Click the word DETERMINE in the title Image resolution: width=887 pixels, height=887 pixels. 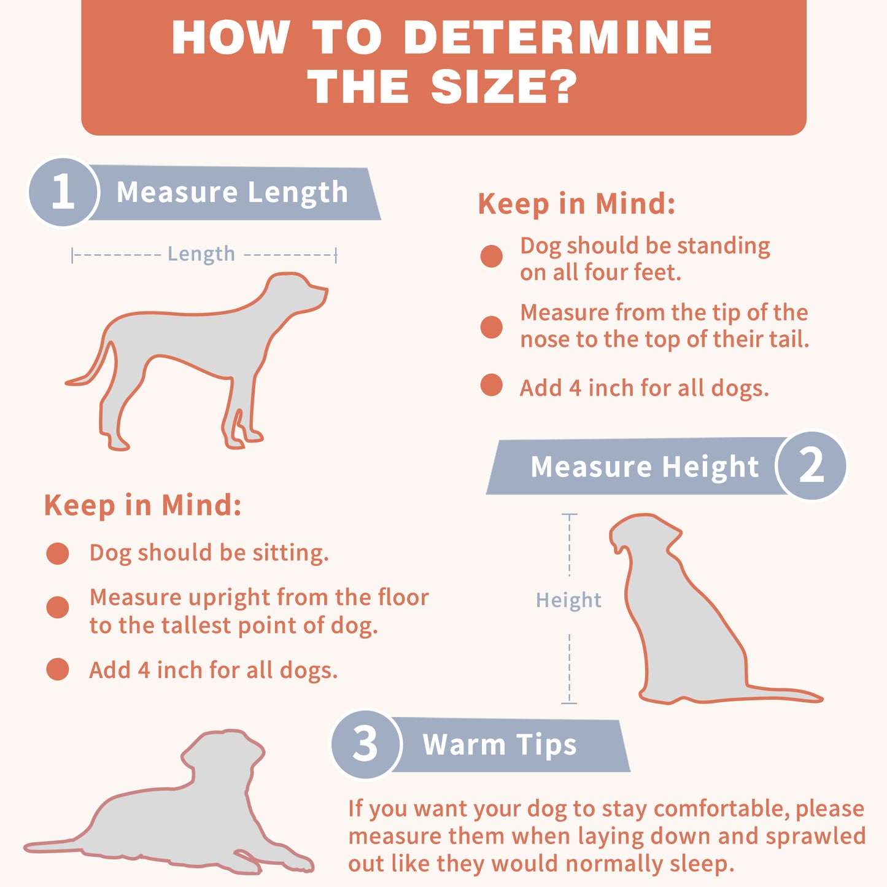pyautogui.click(x=559, y=37)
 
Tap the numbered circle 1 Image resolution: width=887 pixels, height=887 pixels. pyautogui.click(x=63, y=192)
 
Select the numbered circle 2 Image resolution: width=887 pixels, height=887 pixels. pyautogui.click(x=811, y=465)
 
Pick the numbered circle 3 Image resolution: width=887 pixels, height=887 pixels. pyautogui.click(x=366, y=745)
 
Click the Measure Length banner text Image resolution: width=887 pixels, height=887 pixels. pyautogui.click(x=232, y=192)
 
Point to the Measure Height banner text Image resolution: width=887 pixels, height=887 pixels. pyautogui.click(x=645, y=467)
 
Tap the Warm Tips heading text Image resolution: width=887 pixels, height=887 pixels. pyautogui.click(x=500, y=745)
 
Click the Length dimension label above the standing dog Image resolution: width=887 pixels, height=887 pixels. pyautogui.click(x=201, y=254)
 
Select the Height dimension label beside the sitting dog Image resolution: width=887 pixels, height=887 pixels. pyautogui.click(x=568, y=600)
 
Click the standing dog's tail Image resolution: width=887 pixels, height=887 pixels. pyautogui.click(x=90, y=366)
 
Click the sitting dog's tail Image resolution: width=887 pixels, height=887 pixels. pyautogui.click(x=783, y=695)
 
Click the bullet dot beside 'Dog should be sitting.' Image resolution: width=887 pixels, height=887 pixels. pyautogui.click(x=58, y=553)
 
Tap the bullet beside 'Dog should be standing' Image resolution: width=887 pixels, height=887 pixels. pyautogui.click(x=492, y=256)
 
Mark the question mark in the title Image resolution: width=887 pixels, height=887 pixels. pyautogui.click(x=563, y=87)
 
